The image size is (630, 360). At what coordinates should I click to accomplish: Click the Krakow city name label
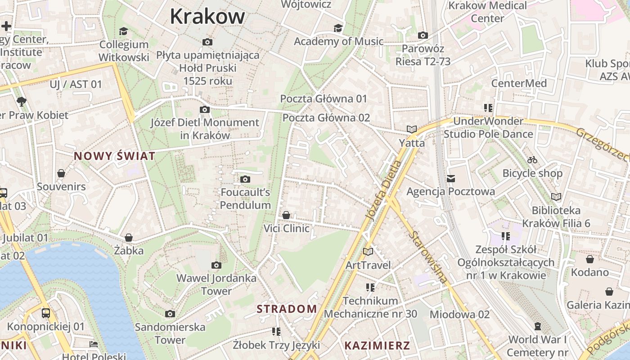[x=207, y=17]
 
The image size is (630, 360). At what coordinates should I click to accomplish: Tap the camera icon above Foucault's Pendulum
[x=245, y=179]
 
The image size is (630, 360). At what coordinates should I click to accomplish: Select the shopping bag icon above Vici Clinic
[x=286, y=215]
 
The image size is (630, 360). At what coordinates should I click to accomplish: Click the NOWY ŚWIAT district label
[x=115, y=156]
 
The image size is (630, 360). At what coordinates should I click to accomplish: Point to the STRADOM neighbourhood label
[x=287, y=309]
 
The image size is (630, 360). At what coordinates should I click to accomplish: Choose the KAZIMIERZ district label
[x=377, y=346]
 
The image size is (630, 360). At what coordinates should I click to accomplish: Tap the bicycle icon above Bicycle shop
[x=532, y=160]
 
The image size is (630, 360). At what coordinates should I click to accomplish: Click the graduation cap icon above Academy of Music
[x=338, y=28]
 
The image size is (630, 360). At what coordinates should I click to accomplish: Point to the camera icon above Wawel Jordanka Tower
[x=216, y=265]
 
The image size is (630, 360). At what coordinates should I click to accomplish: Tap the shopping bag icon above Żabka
[x=129, y=237]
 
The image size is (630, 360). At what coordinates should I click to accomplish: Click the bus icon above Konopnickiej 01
[x=45, y=313]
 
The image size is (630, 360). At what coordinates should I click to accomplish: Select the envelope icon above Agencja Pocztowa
[x=450, y=179]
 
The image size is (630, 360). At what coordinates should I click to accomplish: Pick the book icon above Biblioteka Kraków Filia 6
[x=556, y=197]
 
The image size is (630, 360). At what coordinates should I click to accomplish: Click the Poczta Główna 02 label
[x=326, y=118]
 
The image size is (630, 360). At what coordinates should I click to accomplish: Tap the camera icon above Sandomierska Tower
[x=170, y=314]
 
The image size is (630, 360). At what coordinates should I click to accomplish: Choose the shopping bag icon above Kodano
[x=589, y=259]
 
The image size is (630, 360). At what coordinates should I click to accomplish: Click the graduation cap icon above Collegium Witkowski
[x=123, y=31]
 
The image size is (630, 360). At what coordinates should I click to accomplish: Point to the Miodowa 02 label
[x=459, y=314]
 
